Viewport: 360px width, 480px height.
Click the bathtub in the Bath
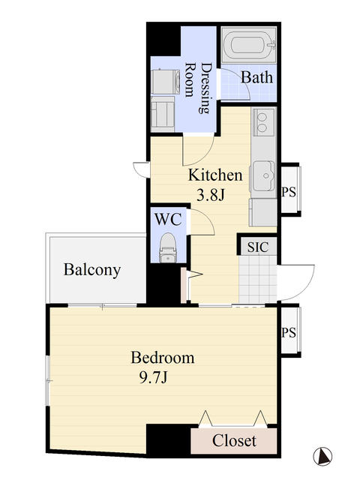pyautogui.click(x=249, y=45)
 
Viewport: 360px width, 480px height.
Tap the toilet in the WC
pyautogui.click(x=168, y=248)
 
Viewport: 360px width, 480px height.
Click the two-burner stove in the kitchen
pyautogui.click(x=262, y=122)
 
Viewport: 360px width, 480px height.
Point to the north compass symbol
pyautogui.click(x=322, y=456)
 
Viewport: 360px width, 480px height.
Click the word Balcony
pyautogui.click(x=92, y=270)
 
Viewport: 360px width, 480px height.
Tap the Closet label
pyautogui.click(x=234, y=440)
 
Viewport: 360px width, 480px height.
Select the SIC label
pyautogui.click(x=258, y=247)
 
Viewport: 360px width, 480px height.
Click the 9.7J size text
pyautogui.click(x=153, y=378)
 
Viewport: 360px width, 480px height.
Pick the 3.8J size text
pyautogui.click(x=211, y=195)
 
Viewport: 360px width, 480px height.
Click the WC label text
pyautogui.click(x=168, y=219)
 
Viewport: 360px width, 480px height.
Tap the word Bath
pyautogui.click(x=256, y=77)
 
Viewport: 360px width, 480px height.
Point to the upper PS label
pyautogui.click(x=289, y=192)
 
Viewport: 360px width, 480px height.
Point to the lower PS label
pyautogui.click(x=289, y=332)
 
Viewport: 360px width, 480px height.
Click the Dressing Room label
pyautogui.click(x=198, y=88)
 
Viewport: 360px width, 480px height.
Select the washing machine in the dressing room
pyautogui.click(x=165, y=82)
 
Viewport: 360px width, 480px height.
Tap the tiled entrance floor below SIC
pyautogui.click(x=258, y=279)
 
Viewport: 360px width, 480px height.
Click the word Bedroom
pyautogui.click(x=163, y=358)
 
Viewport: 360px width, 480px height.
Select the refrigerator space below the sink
pyautogui.click(x=263, y=212)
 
